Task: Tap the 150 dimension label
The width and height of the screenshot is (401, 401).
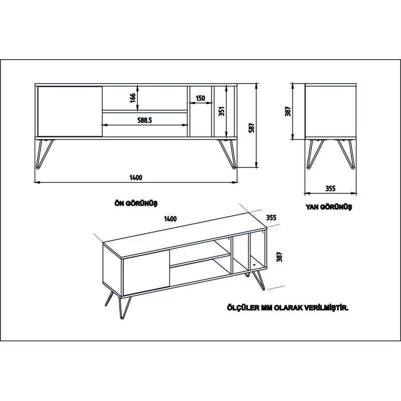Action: click(x=200, y=98)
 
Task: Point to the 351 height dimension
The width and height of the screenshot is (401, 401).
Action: click(x=221, y=111)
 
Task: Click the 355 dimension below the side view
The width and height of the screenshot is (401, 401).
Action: click(x=330, y=188)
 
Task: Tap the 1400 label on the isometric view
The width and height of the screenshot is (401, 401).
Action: click(x=170, y=219)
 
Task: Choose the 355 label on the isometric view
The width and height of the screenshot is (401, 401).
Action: click(x=271, y=218)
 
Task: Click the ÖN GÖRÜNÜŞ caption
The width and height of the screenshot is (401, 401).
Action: click(x=136, y=203)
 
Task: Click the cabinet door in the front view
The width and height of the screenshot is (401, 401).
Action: click(x=70, y=111)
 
